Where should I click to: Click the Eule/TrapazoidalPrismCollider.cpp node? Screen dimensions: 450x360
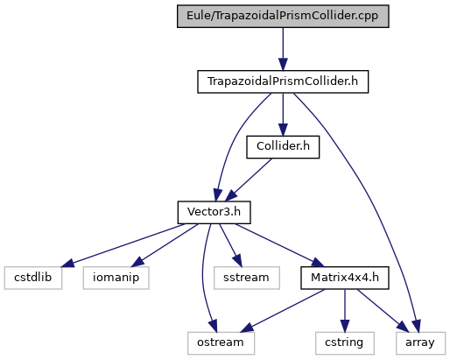(283, 17)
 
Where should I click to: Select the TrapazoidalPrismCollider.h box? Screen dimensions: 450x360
(283, 81)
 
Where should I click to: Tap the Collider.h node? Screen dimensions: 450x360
(283, 147)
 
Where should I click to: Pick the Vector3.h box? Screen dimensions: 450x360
(214, 213)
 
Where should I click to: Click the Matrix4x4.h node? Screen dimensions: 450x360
(345, 278)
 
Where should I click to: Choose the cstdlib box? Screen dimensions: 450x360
(33, 278)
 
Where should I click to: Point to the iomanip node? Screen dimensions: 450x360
(116, 278)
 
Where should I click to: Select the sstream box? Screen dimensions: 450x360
(247, 278)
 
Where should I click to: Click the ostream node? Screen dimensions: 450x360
(221, 343)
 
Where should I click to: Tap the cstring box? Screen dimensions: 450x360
(345, 343)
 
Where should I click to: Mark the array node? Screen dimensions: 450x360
(420, 343)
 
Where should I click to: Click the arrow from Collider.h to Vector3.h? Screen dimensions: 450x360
(248, 180)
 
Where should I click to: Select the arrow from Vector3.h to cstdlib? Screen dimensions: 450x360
(123, 245)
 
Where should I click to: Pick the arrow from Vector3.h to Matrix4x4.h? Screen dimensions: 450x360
(279, 245)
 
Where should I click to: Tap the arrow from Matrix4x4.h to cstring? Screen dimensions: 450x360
(345, 311)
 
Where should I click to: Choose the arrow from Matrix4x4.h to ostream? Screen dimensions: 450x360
(282, 311)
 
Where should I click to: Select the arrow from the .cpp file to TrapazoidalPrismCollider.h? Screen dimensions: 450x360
(283, 49)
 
